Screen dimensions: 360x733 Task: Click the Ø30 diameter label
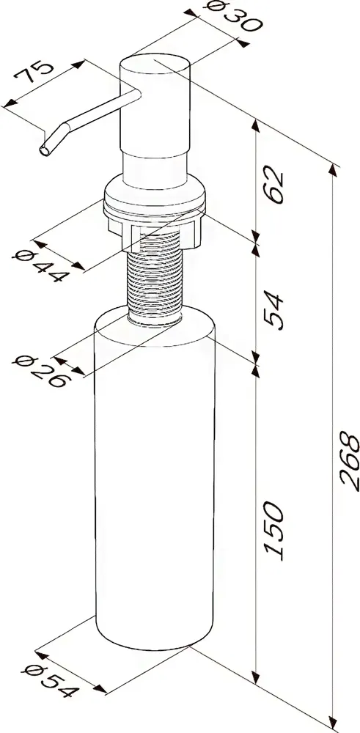click(233, 17)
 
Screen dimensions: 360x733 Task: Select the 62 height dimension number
click(274, 185)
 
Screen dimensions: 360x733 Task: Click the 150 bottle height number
click(274, 531)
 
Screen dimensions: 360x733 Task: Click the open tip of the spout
click(45, 150)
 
